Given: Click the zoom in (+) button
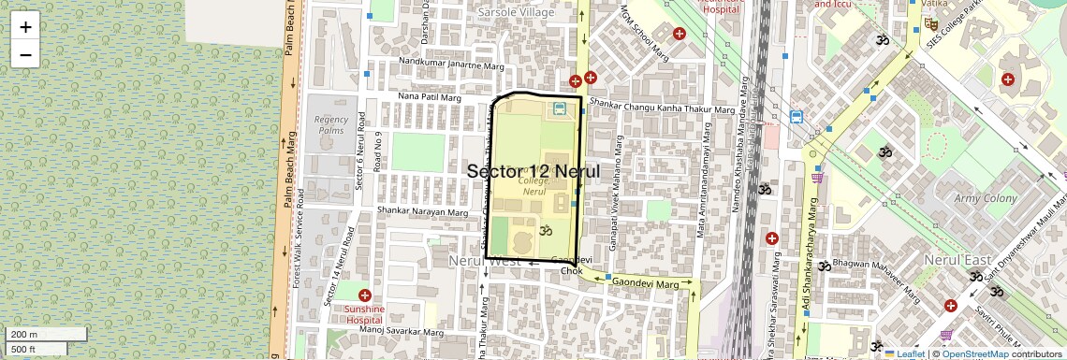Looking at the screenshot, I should point(25,27).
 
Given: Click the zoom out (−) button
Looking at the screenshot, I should point(25,54).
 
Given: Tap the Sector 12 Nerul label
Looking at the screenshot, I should point(533,172).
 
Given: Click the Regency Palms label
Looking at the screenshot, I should point(331,125).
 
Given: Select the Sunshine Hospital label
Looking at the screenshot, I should point(364,314).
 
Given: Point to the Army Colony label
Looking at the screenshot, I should point(985,198).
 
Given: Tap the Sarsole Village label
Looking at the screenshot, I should point(516,12).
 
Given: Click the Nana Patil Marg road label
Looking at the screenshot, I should point(431,96).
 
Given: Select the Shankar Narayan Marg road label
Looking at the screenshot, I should point(422,212).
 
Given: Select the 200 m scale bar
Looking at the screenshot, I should point(36,335).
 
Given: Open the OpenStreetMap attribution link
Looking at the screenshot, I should point(974,353).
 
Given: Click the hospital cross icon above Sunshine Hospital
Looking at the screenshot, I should point(364,295).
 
